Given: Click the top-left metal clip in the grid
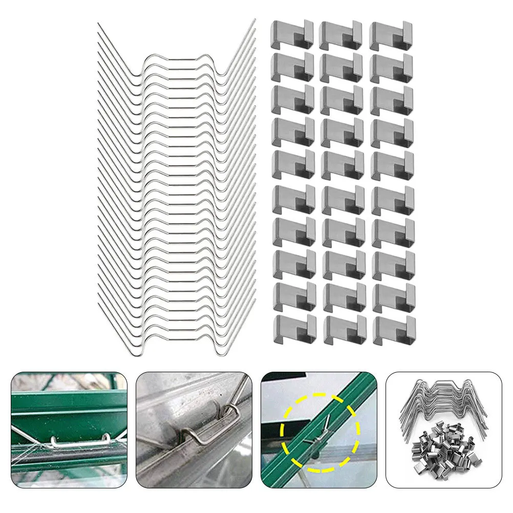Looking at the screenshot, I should pos(292,34).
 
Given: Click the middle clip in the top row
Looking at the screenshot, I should pos(340,35).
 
